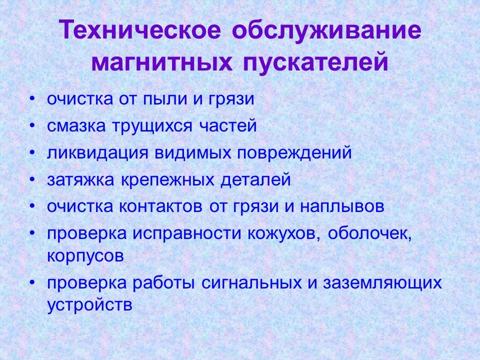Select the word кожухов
pos(282,233)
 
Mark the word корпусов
pos(85,256)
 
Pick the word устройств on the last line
pos(90,304)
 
